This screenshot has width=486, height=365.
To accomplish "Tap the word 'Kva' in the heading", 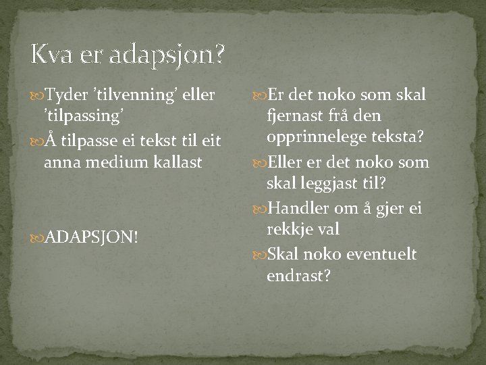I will pos(51,54).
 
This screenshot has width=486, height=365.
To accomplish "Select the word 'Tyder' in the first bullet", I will pos(69,93).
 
